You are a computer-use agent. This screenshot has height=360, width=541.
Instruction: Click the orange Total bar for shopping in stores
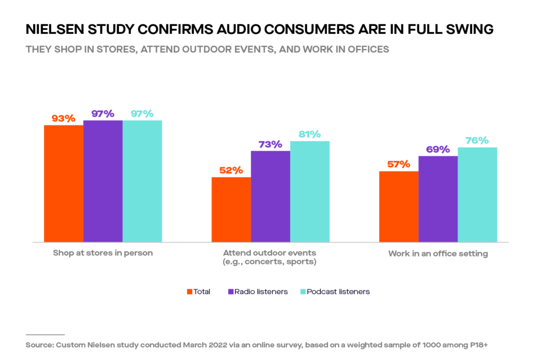[63, 184]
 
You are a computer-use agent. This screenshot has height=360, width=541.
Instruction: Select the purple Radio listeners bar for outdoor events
[270, 196]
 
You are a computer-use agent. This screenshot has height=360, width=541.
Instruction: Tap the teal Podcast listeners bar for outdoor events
[310, 192]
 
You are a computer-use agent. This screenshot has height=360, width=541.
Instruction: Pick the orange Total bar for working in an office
[399, 206]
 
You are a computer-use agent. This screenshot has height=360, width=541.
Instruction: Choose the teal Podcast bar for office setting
[478, 195]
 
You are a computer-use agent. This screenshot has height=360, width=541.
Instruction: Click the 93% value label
[63, 119]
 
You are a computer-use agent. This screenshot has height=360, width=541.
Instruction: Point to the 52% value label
[231, 170]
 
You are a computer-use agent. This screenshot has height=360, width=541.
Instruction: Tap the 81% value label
[310, 134]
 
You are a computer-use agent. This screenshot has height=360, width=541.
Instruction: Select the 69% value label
[438, 149]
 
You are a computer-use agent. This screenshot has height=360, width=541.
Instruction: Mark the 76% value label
[477, 140]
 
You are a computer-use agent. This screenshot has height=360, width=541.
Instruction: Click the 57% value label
[398, 164]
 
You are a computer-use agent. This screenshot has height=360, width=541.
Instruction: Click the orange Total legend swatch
[190, 292]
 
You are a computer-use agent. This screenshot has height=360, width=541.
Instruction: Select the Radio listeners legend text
[261, 292]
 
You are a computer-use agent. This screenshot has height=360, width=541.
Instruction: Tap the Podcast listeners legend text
[338, 292]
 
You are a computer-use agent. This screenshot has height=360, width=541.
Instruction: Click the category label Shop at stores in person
[103, 253]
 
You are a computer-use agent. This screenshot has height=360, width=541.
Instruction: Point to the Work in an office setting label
[438, 254]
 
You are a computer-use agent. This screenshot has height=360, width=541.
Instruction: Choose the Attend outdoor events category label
[269, 257]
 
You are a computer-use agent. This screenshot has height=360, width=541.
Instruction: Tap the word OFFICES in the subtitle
[368, 49]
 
